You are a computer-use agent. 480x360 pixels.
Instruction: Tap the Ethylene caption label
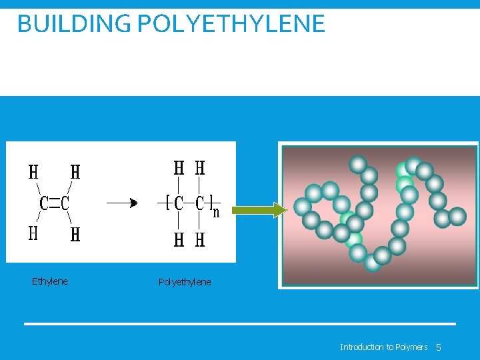[50, 281]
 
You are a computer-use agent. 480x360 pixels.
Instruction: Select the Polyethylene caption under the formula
[185, 282]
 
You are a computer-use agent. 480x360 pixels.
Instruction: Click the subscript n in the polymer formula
[216, 213]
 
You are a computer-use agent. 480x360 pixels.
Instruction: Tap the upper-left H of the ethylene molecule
[33, 172]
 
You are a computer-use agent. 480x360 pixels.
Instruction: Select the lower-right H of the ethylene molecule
[75, 235]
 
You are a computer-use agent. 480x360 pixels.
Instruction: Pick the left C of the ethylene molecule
[44, 203]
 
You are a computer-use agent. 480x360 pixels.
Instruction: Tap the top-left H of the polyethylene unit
[179, 168]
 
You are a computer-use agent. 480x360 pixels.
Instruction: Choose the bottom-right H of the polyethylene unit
[199, 240]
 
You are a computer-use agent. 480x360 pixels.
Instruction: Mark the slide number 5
[439, 347]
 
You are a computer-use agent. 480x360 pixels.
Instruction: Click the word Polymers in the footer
[411, 347]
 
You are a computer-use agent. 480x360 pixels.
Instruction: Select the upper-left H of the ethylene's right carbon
[75, 172]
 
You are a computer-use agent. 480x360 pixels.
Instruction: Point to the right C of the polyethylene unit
[199, 203]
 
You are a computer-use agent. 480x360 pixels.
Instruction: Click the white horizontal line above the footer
[240, 324]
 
